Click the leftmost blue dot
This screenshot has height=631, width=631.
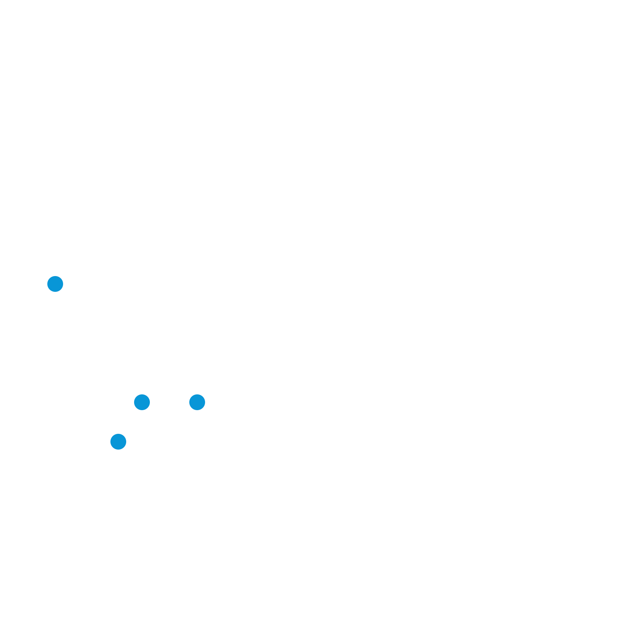55,284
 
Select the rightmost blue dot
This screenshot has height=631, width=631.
197,402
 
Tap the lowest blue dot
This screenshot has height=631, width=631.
118,442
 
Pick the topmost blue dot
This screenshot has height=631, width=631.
55,284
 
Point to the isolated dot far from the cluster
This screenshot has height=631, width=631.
55,284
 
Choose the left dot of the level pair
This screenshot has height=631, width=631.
142,402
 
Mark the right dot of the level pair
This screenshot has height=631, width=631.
197,402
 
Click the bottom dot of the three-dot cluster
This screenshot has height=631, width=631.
118,442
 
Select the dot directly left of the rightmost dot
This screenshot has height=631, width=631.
142,402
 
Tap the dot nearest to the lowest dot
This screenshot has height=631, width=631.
142,402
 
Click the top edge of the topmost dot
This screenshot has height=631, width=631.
55,276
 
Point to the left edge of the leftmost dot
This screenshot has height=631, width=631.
48,284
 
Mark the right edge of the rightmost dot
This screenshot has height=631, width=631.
205,402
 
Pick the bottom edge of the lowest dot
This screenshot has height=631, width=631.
118,449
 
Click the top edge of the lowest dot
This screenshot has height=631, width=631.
118,434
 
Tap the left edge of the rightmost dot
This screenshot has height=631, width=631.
190,402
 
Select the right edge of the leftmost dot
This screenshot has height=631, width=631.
63,284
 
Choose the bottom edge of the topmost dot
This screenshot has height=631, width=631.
55,291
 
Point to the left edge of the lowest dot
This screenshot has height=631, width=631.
111,442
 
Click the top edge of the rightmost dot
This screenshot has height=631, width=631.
197,395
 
